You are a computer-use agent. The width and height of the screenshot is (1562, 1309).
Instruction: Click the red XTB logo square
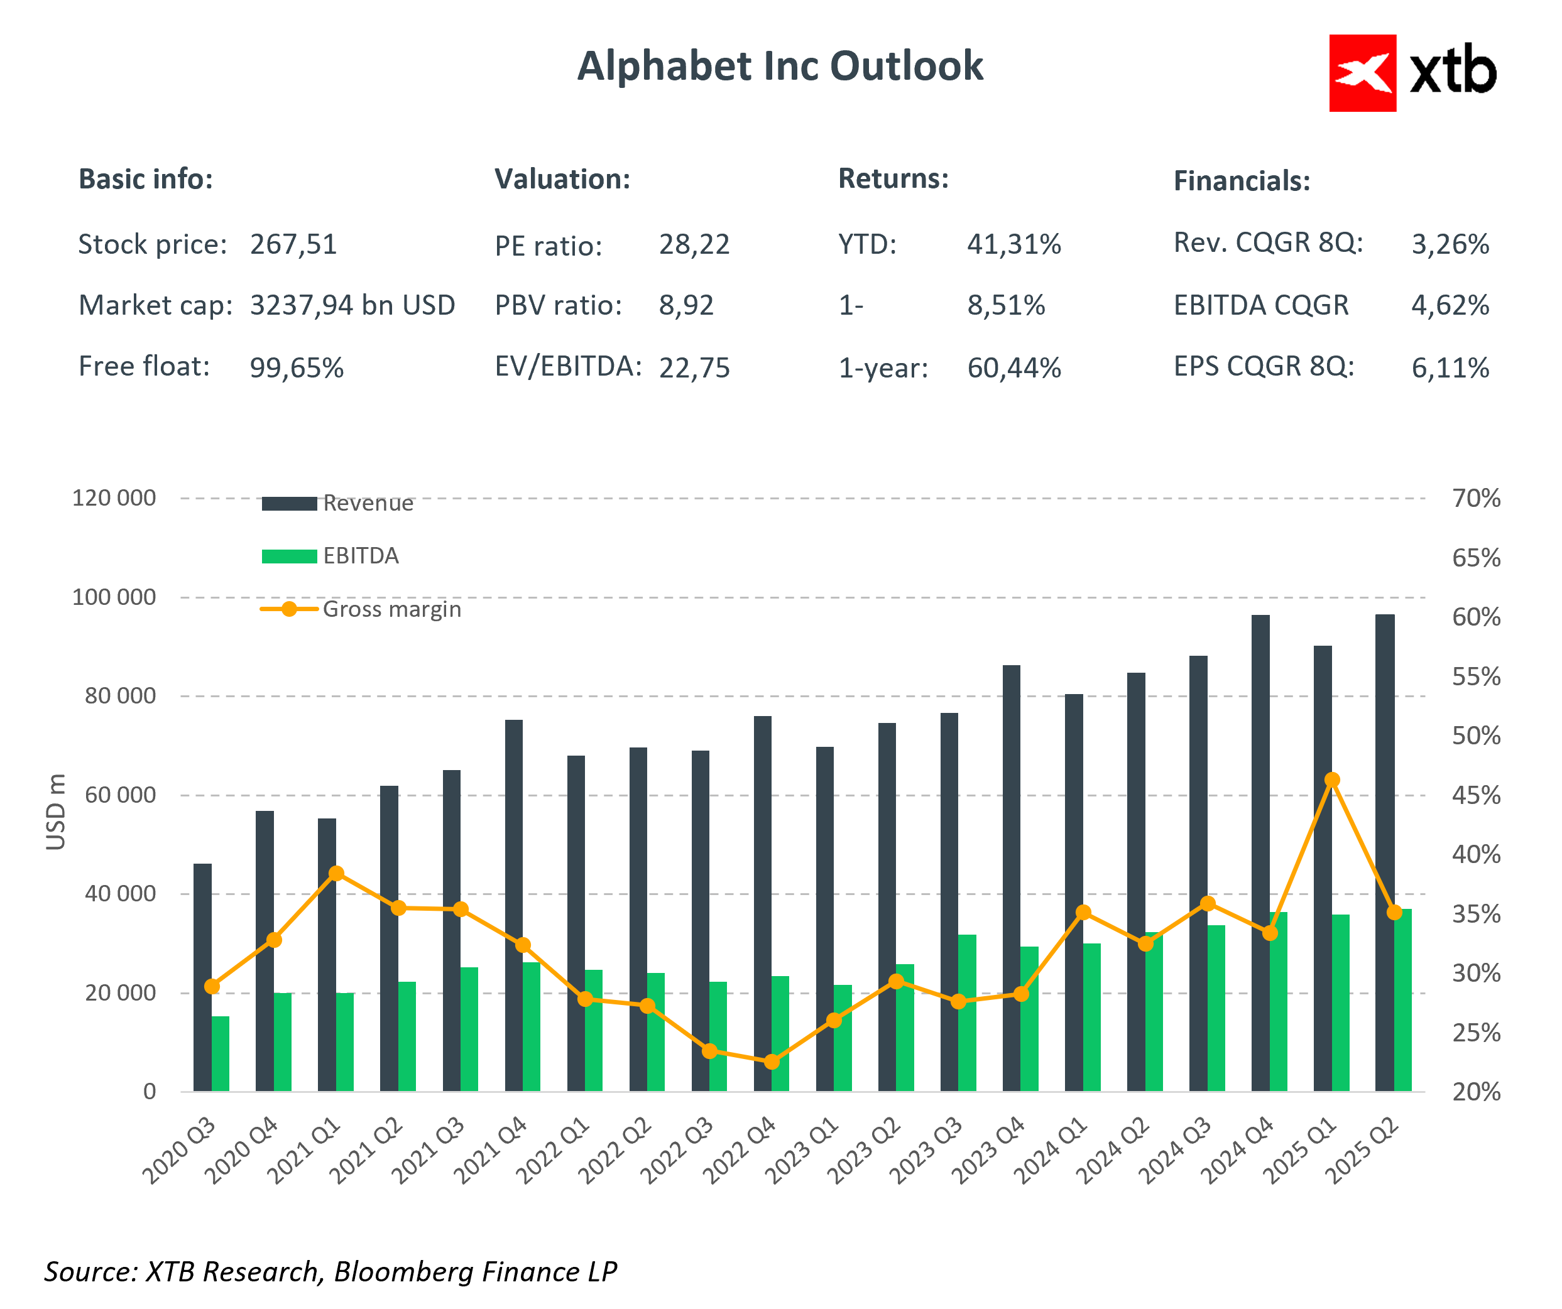[x=1362, y=73]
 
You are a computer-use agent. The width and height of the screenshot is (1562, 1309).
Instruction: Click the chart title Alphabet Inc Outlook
[x=780, y=66]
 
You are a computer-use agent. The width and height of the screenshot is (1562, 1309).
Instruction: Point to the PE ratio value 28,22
[x=694, y=245]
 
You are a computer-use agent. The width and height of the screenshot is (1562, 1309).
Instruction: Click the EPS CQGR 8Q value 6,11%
[x=1450, y=368]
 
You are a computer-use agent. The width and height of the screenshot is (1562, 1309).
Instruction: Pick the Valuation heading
[x=562, y=179]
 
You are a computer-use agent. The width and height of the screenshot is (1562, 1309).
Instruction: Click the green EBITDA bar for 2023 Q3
[x=967, y=1013]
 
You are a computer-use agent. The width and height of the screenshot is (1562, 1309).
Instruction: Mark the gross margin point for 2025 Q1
[x=1332, y=780]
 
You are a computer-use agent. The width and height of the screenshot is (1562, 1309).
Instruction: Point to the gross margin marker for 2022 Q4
[x=772, y=1062]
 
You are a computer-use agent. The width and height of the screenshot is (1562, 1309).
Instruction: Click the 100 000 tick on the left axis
[x=114, y=597]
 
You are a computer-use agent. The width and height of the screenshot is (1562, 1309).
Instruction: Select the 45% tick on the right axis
[x=1476, y=796]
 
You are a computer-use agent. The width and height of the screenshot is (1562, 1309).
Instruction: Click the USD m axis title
[x=56, y=812]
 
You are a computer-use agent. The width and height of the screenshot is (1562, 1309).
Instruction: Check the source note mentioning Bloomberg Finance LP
[x=330, y=1272]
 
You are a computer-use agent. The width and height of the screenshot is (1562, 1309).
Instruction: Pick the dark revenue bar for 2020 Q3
[x=202, y=977]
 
